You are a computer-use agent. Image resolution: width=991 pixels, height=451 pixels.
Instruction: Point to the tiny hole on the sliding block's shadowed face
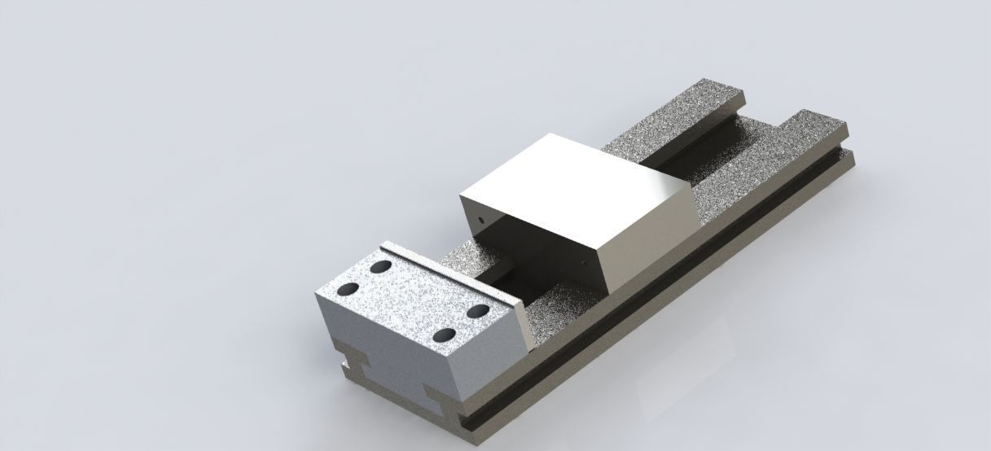pos(483,219)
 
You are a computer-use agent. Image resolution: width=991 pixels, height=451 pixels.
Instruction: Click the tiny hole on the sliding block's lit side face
pos(585,262)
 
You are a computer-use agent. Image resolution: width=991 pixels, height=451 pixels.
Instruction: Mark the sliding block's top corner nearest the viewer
pos(599,243)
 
